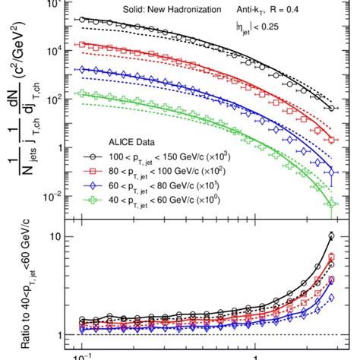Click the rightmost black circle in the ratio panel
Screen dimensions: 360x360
(x=331, y=235)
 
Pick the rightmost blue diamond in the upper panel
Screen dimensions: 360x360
(x=331, y=176)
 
